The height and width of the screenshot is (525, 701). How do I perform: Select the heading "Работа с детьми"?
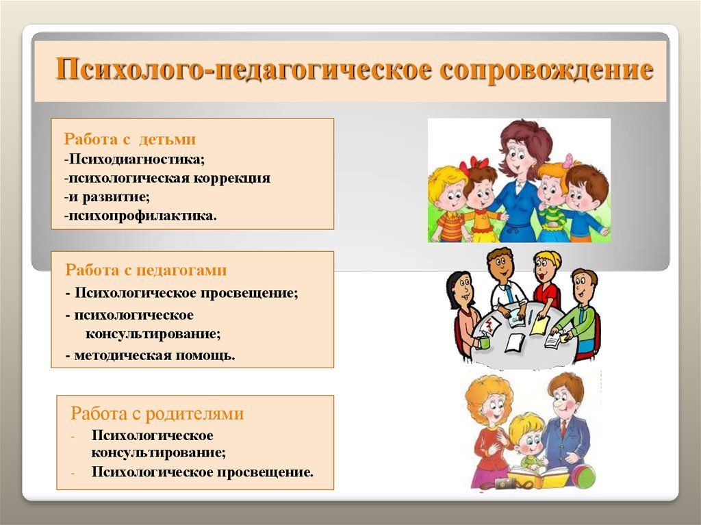coord(130,140)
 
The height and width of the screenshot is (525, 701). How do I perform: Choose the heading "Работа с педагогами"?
coord(146,270)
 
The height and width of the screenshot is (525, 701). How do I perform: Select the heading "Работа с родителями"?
coord(157,413)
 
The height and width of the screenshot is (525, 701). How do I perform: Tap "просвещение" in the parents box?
coord(265,472)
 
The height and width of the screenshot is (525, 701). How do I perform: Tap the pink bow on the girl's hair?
coord(568,161)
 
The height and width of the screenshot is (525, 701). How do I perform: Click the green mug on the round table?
coord(484,341)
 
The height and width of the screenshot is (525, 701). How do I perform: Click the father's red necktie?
coord(563,428)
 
